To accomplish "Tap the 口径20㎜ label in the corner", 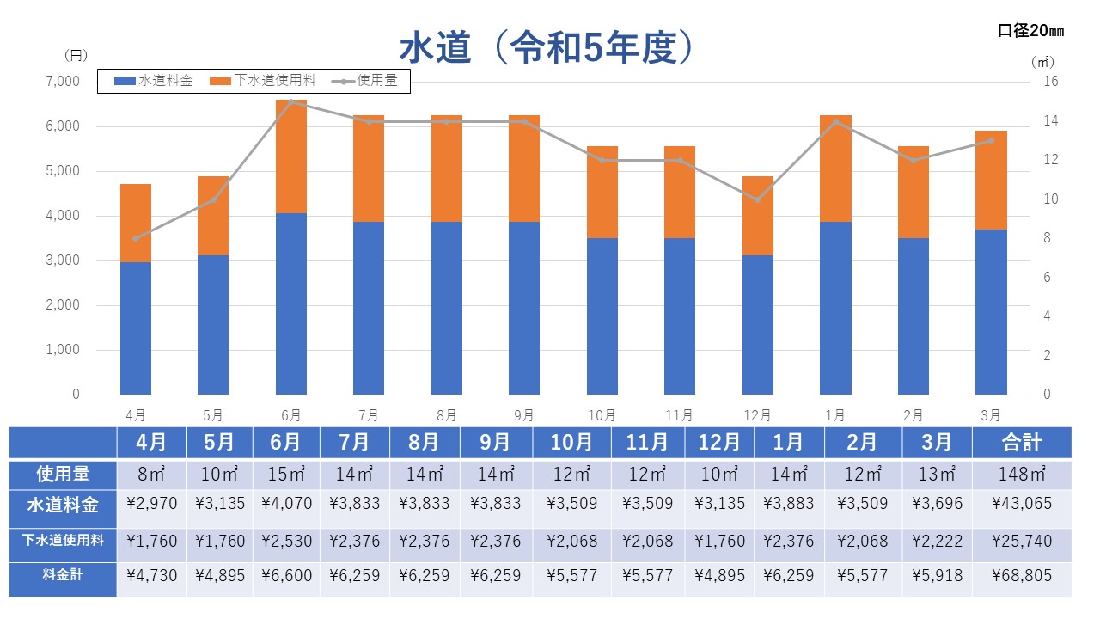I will [x=1030, y=31].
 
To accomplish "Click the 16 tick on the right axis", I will [x=1050, y=82].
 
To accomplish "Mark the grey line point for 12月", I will [x=757, y=199].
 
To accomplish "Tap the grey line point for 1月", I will [x=835, y=121].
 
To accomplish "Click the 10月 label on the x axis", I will [x=602, y=415].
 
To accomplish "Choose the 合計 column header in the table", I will [x=1021, y=443].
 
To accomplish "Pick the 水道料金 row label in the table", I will [x=63, y=505].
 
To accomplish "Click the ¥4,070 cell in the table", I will [x=286, y=505].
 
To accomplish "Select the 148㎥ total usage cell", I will [x=1021, y=473].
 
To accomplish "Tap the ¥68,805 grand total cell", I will [x=1021, y=576].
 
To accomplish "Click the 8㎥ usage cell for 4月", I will [x=151, y=473].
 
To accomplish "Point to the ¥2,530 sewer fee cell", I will [x=286, y=541].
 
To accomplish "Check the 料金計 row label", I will [x=63, y=576].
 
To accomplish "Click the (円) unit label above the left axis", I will [x=76, y=55].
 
